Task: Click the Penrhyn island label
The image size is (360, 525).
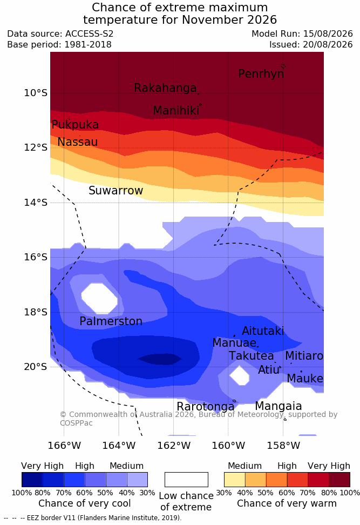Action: (261, 73)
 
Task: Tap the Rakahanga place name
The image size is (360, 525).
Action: (165, 87)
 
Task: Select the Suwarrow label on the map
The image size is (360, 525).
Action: (116, 191)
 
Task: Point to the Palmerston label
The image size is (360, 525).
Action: (111, 321)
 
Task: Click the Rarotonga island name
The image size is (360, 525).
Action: (206, 407)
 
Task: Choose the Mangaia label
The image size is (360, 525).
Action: (279, 406)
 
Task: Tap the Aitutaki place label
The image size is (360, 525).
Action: (263, 331)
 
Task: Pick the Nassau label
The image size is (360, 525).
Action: (78, 142)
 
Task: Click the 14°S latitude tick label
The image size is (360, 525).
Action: (36, 202)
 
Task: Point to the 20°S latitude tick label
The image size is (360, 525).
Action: (36, 367)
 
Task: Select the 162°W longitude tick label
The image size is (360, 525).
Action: (174, 446)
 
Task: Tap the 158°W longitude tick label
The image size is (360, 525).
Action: (283, 446)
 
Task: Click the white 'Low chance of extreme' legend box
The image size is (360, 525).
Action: (186, 480)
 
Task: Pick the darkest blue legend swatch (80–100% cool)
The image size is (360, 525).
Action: (32, 480)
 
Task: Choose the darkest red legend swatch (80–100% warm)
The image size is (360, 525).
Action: (339, 480)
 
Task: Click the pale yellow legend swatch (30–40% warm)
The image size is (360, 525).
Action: (235, 480)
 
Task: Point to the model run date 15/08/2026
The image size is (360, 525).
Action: (328, 34)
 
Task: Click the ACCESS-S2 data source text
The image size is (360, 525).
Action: (90, 34)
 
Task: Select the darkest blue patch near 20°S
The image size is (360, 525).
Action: (160, 359)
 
